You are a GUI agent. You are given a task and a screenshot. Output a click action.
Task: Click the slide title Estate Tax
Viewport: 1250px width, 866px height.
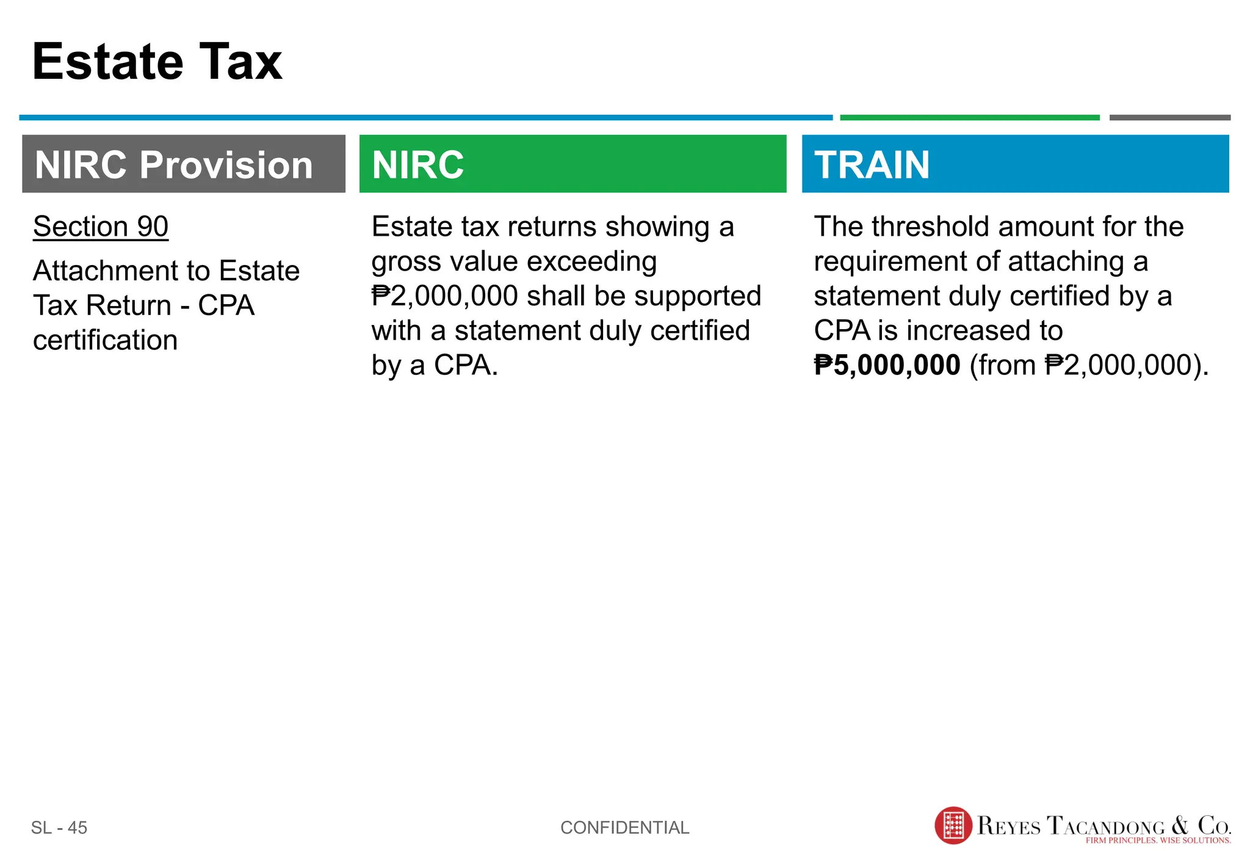click(x=157, y=62)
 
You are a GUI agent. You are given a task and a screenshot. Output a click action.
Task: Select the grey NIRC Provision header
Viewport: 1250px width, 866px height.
click(x=183, y=164)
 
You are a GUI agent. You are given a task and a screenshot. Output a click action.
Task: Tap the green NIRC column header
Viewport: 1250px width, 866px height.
click(x=573, y=164)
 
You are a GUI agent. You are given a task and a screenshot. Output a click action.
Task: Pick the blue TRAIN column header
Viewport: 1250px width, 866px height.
click(x=1015, y=164)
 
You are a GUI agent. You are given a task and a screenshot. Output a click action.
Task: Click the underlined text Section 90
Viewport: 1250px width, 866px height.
click(x=101, y=227)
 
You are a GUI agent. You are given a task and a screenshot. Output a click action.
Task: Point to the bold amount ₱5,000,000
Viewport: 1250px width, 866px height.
click(x=887, y=365)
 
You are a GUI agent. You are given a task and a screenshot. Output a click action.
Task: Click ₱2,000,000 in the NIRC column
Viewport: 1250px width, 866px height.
click(x=445, y=296)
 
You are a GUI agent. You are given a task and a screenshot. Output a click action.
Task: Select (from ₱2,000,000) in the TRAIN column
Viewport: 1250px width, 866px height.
click(x=1089, y=365)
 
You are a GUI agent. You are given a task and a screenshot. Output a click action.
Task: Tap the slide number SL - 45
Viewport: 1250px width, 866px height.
click(x=59, y=828)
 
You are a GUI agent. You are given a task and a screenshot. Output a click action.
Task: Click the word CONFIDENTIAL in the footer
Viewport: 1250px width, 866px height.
click(x=624, y=828)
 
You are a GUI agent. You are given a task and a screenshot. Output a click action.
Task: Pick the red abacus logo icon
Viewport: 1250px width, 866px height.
click(x=953, y=826)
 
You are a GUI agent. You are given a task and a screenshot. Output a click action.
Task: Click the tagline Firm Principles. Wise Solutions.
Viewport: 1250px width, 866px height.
click(x=1158, y=840)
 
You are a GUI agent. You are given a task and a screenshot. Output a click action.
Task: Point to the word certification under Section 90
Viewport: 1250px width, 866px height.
click(x=105, y=340)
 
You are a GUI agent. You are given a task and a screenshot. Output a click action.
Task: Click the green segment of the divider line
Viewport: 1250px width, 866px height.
click(x=969, y=117)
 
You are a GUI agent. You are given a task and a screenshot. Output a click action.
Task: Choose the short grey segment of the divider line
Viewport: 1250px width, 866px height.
click(x=1169, y=117)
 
